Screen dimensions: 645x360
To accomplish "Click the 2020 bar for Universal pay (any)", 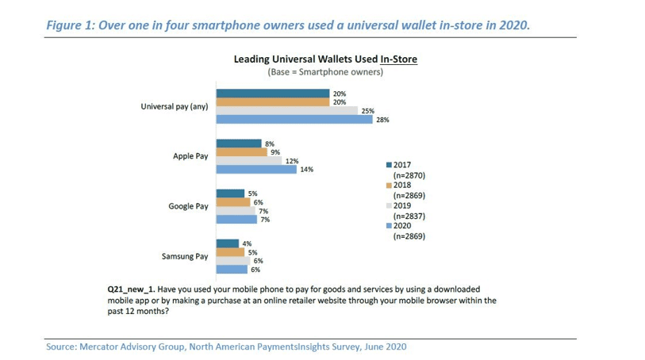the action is [294, 120].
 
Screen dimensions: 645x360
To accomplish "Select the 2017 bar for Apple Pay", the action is [239, 144].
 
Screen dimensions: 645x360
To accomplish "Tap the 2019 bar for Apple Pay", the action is [249, 161].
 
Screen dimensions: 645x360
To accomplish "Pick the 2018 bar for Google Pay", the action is [233, 202].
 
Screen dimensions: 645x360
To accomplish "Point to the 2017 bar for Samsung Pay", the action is [228, 243].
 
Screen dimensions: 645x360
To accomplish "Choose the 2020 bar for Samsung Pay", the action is [232, 270].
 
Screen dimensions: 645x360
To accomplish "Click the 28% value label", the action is [382, 120].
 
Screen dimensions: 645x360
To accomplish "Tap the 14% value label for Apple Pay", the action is [306, 170].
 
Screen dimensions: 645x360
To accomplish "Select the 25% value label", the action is [368, 111].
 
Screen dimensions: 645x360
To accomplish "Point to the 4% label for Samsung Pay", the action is [247, 243].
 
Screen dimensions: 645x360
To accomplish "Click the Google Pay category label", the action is [188, 206].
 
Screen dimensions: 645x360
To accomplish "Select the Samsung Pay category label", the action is [185, 256].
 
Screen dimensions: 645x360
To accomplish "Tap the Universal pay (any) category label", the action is [175, 106].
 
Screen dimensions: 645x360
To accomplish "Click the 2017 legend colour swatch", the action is [389, 165].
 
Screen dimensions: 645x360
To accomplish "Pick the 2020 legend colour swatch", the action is [389, 226].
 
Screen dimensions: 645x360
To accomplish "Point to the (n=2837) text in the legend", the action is [409, 216].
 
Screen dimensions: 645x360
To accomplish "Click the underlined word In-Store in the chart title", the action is [398, 59].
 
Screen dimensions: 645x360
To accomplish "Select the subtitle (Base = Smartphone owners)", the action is [325, 72].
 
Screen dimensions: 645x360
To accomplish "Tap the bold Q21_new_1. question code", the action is [131, 289].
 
